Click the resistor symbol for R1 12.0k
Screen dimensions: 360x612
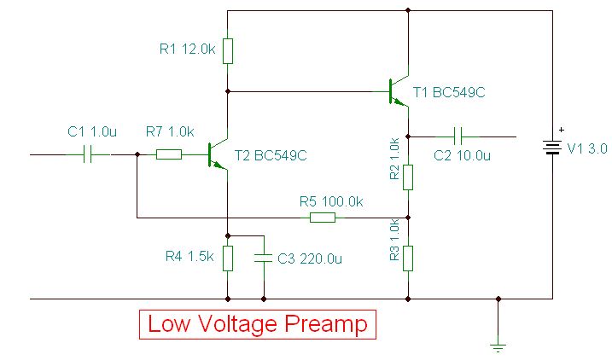[228, 50]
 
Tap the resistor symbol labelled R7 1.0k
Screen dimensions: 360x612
[168, 154]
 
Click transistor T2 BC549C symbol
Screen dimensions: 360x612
[219, 156]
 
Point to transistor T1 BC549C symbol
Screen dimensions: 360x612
[399, 90]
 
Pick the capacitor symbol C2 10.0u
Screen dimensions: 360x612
[458, 136]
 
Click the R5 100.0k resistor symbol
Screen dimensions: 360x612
[322, 218]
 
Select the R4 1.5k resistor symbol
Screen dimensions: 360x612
[228, 258]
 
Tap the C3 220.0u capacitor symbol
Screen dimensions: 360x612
[264, 258]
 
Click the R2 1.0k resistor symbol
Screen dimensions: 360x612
[408, 177]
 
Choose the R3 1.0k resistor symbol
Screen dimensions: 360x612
[408, 257]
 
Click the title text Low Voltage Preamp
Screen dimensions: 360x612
[258, 325]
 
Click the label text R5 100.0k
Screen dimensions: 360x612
[331, 202]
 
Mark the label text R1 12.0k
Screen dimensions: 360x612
[187, 49]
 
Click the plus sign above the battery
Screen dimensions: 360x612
[561, 130]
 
